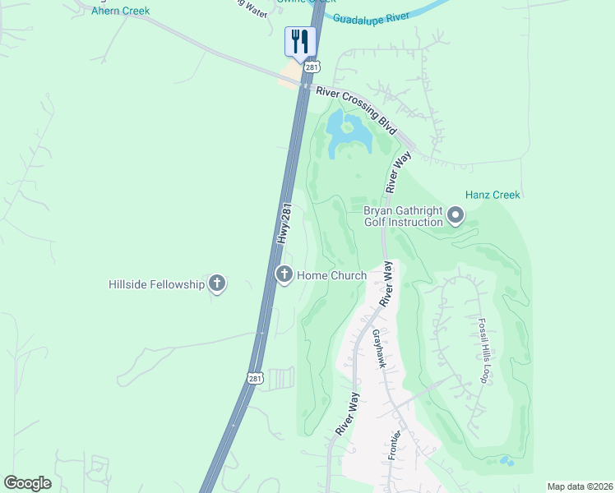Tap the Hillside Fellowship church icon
pyautogui.click(x=217, y=284)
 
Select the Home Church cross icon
pyautogui.click(x=284, y=274)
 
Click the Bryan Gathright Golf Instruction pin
pyautogui.click(x=455, y=217)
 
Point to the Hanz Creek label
pyautogui.click(x=492, y=195)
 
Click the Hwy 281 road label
pyautogui.click(x=285, y=223)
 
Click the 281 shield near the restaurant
pyautogui.click(x=311, y=66)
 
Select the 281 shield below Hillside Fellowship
pyautogui.click(x=255, y=377)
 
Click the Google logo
pyautogui.click(x=27, y=483)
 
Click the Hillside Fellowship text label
pyautogui.click(x=156, y=284)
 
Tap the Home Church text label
pyautogui.click(x=331, y=275)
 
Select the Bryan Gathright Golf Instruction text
pyautogui.click(x=404, y=216)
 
